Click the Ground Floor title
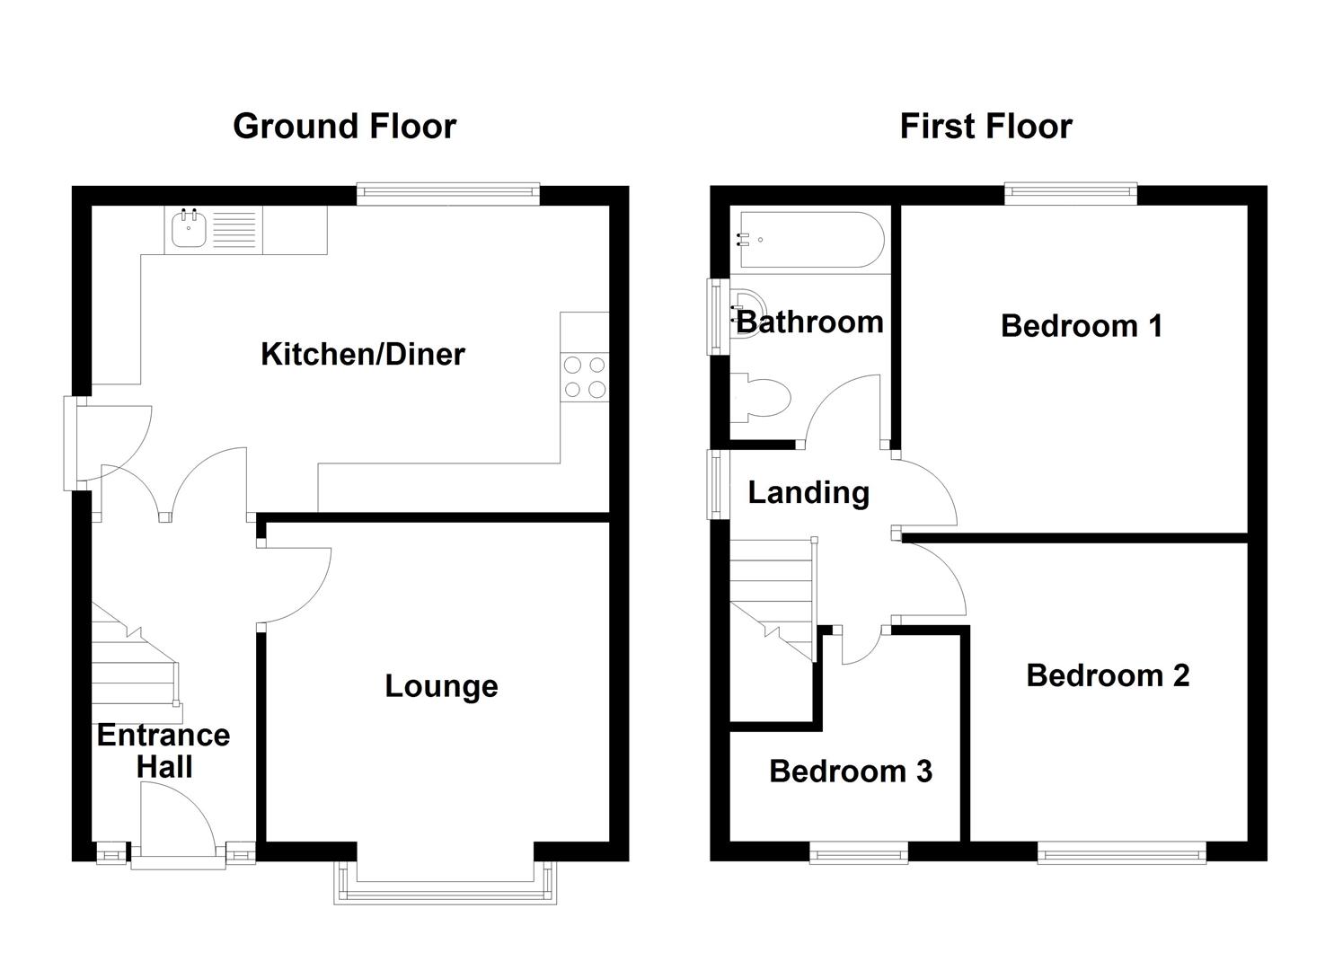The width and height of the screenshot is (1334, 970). point(344,126)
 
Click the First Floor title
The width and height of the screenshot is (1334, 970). point(985,126)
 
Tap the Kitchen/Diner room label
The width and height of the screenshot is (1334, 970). point(362,354)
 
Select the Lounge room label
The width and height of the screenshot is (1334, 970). point(441,686)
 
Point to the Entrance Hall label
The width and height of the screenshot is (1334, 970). point(163,751)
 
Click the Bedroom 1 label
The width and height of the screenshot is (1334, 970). point(1081,325)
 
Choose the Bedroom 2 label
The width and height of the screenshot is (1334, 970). point(1108,675)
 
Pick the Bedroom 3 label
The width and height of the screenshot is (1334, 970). point(850,771)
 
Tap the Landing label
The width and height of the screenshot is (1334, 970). point(808,492)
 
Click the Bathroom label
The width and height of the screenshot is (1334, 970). point(809,322)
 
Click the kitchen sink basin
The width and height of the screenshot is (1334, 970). point(189,232)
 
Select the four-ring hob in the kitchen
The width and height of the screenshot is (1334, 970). point(584,377)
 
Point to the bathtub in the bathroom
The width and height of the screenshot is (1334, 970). point(808,240)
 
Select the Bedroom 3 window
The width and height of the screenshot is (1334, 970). point(858,853)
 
